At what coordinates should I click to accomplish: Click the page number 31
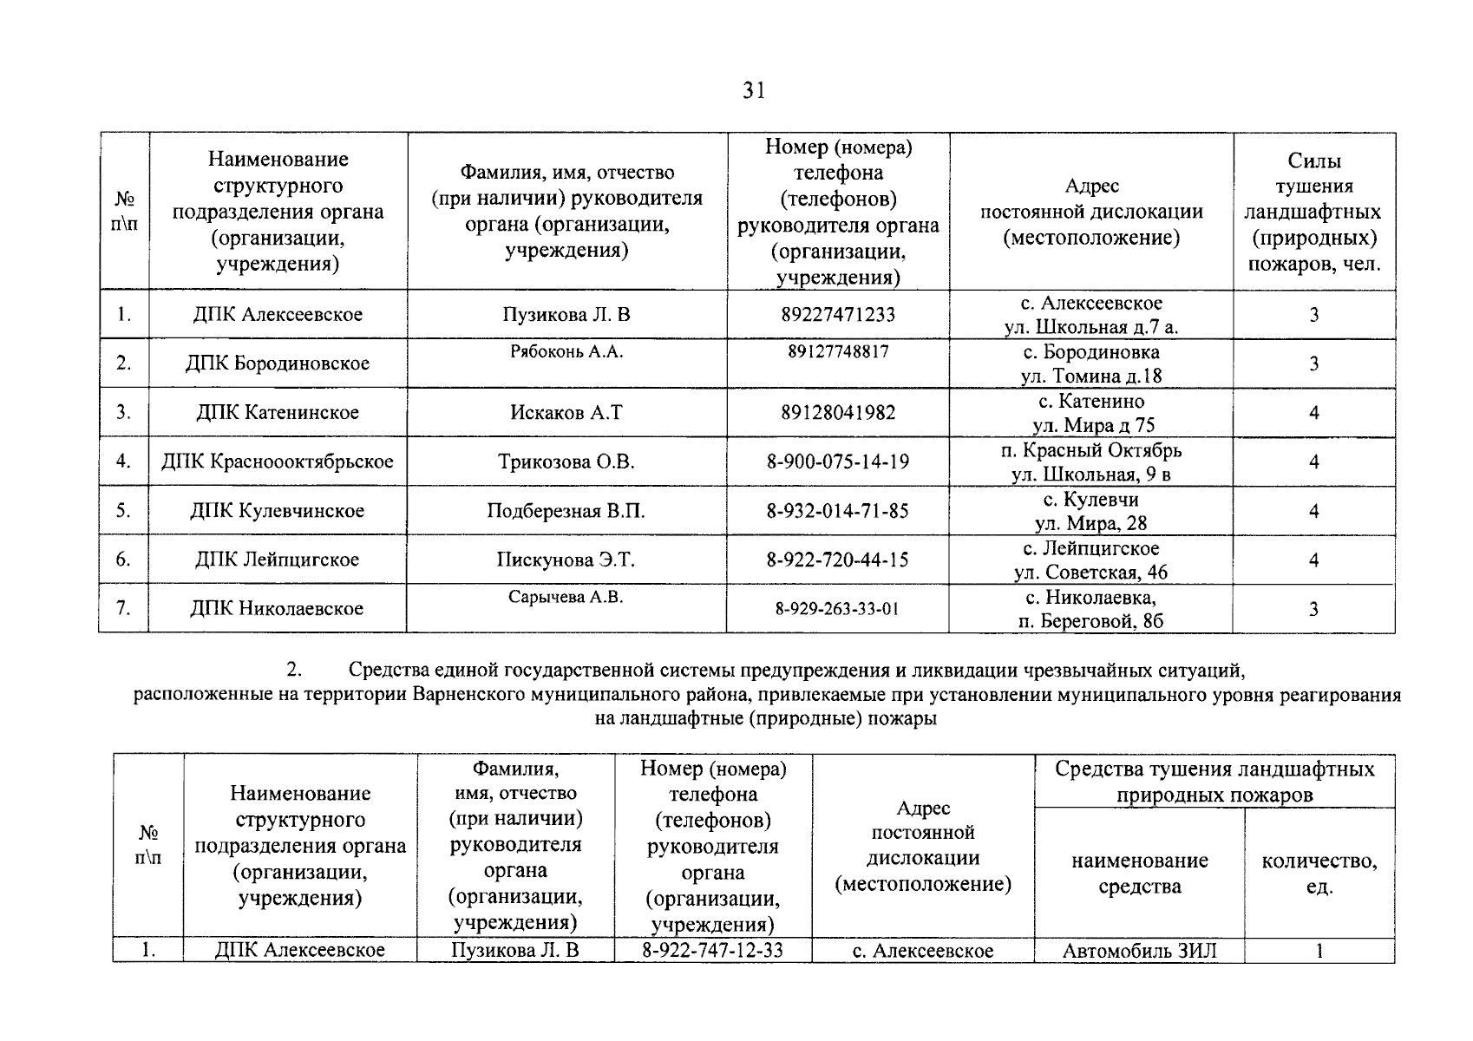pos(754,90)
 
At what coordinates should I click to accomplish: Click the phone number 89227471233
pos(838,315)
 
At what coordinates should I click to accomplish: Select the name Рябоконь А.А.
pos(566,351)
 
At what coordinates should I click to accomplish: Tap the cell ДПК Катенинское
pos(278,413)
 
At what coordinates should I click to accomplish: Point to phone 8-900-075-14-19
pos(838,462)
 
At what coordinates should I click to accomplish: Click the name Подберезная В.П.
pos(566,511)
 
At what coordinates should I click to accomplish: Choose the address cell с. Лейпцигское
pos(1090,560)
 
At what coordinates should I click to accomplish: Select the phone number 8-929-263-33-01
pos(837,609)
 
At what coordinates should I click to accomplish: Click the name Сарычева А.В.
pos(566,597)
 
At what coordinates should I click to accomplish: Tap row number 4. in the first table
pos(124,462)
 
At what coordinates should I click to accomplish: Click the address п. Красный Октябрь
pos(1090,462)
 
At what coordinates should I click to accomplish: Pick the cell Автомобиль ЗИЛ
pos(1139,951)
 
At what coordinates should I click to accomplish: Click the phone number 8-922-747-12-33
pos(712,950)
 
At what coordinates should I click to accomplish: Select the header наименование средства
pos(1139,873)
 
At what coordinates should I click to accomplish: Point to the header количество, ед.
pos(1319,873)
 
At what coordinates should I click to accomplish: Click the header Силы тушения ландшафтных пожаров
pos(1313,212)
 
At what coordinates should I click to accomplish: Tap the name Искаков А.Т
pos(566,413)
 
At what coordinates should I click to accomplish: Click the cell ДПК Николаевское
pos(277,609)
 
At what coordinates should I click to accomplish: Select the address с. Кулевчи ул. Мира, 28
pos(1090,511)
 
